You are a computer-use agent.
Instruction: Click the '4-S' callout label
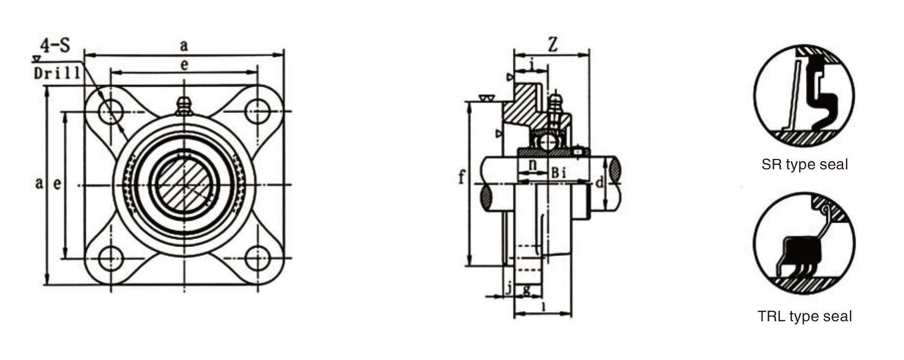click(x=55, y=46)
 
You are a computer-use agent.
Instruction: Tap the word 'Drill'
click(x=57, y=73)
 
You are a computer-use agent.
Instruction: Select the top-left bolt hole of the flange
click(x=110, y=111)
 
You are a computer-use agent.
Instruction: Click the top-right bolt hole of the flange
click(x=258, y=111)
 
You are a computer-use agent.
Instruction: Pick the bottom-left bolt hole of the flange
click(x=110, y=258)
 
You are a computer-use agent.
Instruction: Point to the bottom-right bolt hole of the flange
click(x=258, y=258)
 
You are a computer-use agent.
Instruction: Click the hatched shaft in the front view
click(x=184, y=185)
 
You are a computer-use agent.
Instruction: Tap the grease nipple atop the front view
click(x=184, y=106)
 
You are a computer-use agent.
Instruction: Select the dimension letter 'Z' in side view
click(x=552, y=45)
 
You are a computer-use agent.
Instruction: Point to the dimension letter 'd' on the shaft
click(x=599, y=183)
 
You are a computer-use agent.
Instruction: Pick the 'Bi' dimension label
click(x=558, y=173)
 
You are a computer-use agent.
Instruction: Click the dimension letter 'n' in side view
click(x=532, y=164)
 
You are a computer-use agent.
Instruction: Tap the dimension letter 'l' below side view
click(x=544, y=306)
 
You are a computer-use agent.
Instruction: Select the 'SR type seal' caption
click(x=804, y=164)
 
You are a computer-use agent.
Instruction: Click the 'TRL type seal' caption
click(x=804, y=316)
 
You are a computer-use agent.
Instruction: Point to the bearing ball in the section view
click(x=548, y=142)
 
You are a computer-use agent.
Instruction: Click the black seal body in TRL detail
click(x=800, y=252)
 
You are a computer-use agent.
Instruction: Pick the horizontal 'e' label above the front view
click(x=184, y=65)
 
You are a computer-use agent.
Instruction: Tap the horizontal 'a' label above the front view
click(x=184, y=46)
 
